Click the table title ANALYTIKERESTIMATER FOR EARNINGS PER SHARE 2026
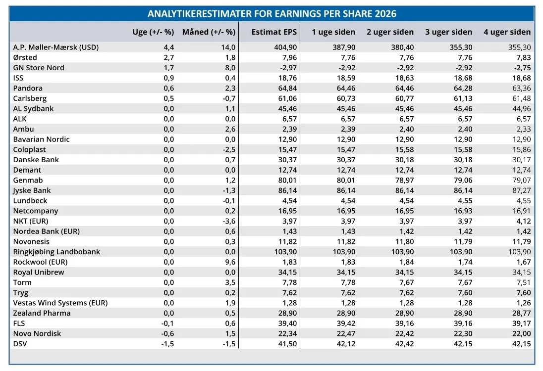point(272,13)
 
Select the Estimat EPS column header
point(274,32)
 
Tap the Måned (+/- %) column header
point(209,32)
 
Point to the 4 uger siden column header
point(507,32)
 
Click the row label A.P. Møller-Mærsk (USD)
point(56,47)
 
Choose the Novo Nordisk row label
point(37,333)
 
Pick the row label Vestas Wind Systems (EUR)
point(60,303)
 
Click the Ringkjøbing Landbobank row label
point(56,252)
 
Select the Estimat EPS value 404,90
point(285,47)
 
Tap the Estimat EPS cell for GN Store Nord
point(288,68)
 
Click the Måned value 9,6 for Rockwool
point(230,262)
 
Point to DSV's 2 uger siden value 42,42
point(404,344)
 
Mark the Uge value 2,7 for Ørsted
point(169,57)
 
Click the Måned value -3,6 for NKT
point(229,221)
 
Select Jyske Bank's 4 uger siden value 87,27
point(522,190)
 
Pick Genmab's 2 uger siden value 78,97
point(404,180)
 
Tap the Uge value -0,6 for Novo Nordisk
point(167,334)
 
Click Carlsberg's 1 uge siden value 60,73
point(346,98)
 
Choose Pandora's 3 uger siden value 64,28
point(463,88)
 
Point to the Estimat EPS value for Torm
point(289,282)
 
